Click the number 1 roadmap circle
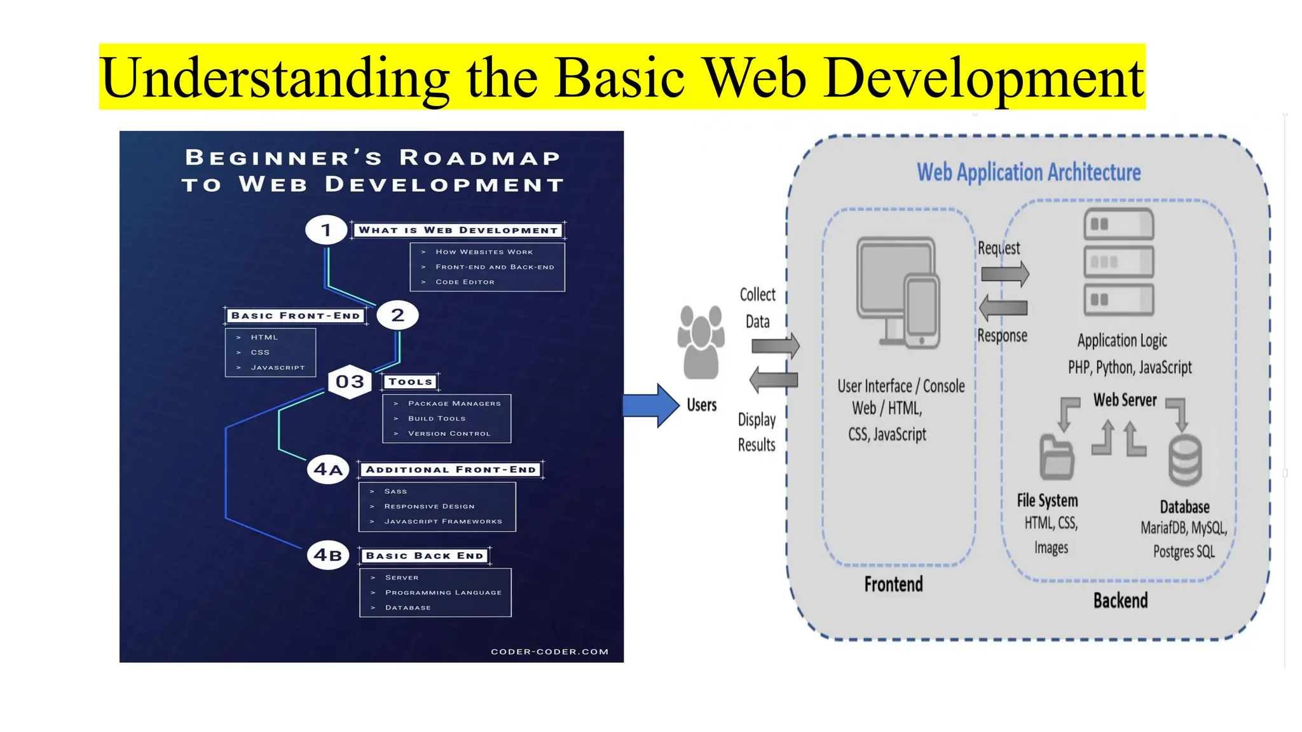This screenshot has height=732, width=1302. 326,230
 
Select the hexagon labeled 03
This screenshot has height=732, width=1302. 350,382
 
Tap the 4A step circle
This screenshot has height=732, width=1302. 328,470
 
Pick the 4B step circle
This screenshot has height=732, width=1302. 328,555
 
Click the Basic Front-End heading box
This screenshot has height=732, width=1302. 296,316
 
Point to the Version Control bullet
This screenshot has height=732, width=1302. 449,434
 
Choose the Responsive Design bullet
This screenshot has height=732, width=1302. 429,506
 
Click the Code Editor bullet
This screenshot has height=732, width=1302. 465,282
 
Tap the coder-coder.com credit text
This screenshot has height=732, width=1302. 549,652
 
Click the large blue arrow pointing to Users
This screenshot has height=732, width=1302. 650,405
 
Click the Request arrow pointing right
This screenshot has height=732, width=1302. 1004,274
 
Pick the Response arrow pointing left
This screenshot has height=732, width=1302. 1003,308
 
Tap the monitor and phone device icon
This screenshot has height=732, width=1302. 898,293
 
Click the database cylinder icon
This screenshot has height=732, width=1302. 1185,460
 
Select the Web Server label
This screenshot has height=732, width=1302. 1125,400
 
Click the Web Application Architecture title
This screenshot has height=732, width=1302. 1029,172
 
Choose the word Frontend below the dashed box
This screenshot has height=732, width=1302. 893,585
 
